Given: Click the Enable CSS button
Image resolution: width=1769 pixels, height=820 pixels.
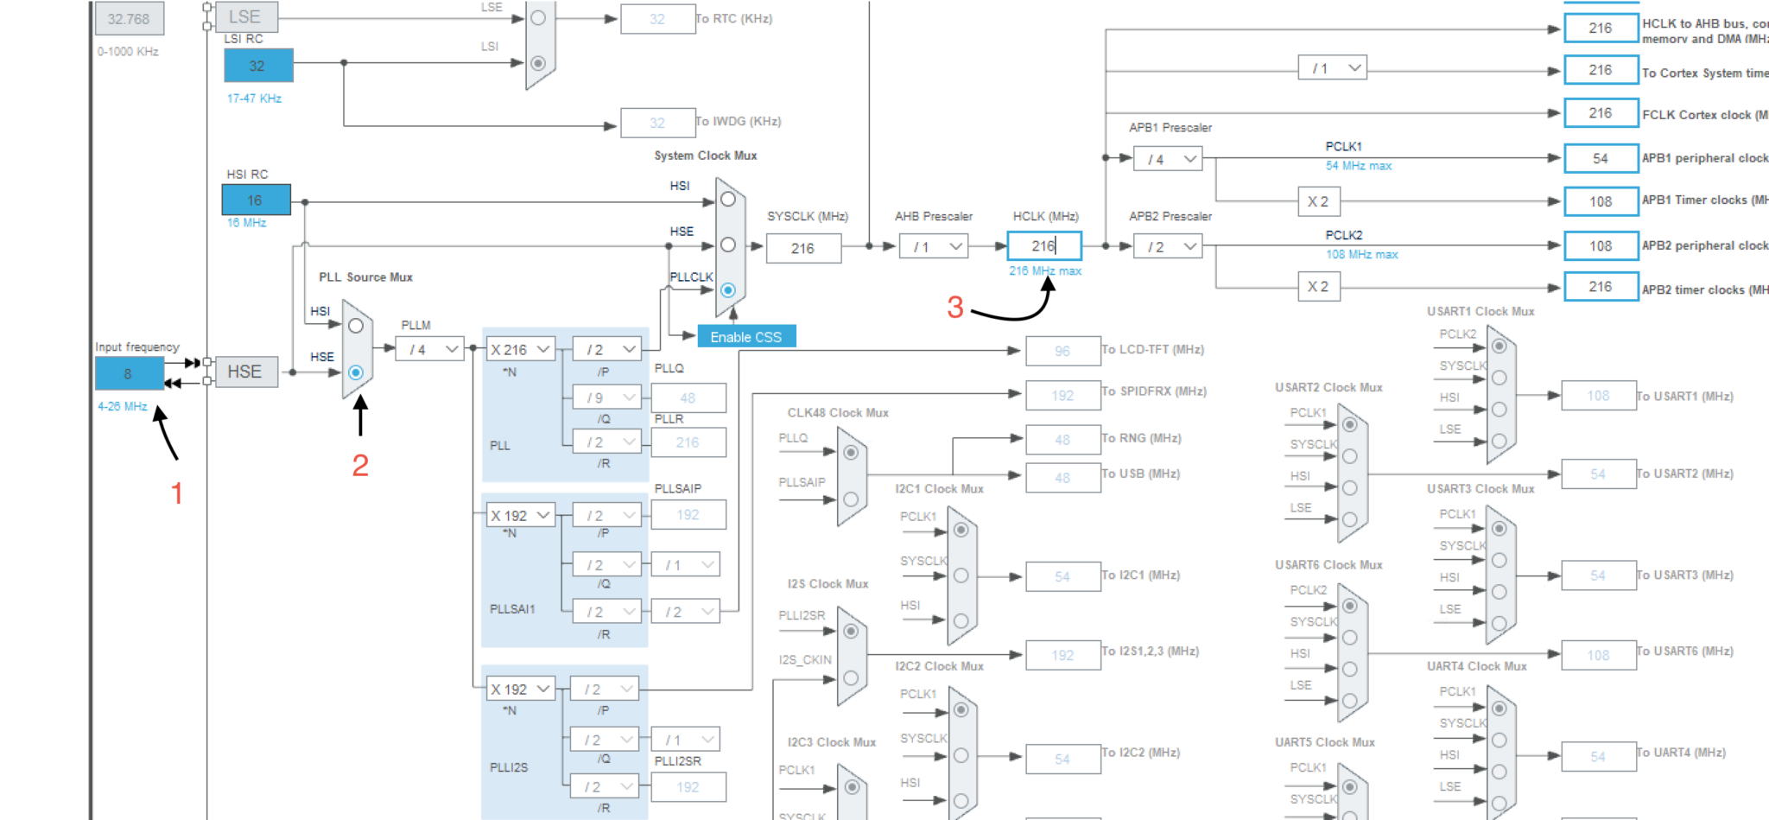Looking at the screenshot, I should [x=746, y=337].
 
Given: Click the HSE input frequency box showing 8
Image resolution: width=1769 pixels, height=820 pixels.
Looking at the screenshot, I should [x=129, y=374].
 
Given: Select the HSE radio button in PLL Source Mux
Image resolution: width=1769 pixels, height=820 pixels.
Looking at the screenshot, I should [x=356, y=372].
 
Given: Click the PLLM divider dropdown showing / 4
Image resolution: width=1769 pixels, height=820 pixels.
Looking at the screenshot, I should [x=430, y=349].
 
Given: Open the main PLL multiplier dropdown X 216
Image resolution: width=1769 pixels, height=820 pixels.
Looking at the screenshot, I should [x=520, y=349].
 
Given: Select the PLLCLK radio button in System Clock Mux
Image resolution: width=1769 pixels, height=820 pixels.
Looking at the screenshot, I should [x=728, y=290].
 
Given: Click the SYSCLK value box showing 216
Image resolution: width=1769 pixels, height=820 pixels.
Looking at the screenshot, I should [x=802, y=248].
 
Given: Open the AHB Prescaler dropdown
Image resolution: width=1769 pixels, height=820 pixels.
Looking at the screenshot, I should [x=933, y=247].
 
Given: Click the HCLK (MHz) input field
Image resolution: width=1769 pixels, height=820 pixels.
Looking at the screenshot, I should [x=1043, y=246].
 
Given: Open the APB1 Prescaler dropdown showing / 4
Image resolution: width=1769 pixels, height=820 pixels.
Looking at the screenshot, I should [x=1168, y=159].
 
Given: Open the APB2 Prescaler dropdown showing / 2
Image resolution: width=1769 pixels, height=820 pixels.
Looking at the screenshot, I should [x=1168, y=247].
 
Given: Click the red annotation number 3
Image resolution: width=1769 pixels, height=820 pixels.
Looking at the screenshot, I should [x=955, y=308].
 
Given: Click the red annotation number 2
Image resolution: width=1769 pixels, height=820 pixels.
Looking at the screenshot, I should [x=360, y=466].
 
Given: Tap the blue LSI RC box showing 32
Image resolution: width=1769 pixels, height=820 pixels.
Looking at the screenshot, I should [x=257, y=66].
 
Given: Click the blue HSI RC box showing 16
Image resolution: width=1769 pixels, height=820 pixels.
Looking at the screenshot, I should [x=256, y=200].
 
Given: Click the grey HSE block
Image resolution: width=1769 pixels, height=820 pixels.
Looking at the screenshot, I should [x=245, y=372].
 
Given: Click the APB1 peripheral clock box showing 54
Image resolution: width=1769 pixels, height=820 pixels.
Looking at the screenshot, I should [x=1600, y=158].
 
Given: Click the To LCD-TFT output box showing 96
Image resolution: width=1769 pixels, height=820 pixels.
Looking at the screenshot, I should [x=1062, y=351].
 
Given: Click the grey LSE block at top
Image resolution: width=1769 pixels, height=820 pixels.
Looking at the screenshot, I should [x=245, y=16].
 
